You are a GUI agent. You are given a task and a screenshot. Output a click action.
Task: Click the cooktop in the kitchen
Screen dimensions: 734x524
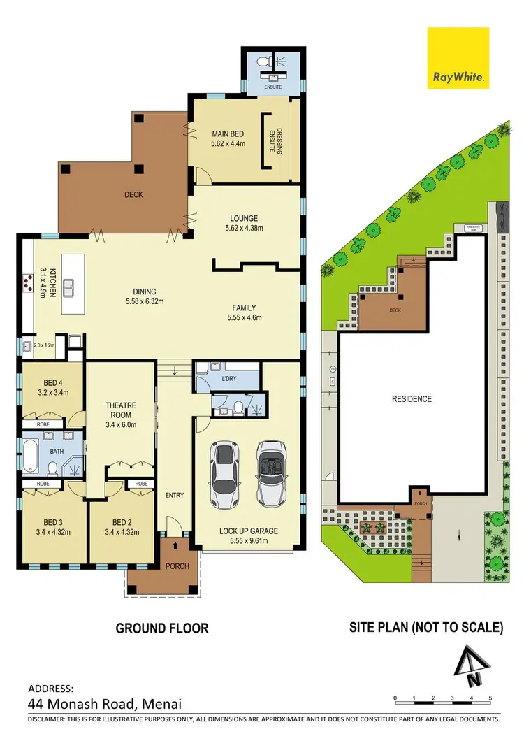29,284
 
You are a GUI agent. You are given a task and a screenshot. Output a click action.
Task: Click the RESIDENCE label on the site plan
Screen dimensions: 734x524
412,399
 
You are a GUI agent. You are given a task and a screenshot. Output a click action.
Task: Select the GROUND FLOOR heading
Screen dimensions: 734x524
162,628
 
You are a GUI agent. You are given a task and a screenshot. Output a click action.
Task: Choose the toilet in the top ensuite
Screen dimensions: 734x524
264,63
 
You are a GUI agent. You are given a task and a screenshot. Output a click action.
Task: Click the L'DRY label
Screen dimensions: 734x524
231,378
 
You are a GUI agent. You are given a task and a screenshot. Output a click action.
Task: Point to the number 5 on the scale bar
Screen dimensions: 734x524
490,698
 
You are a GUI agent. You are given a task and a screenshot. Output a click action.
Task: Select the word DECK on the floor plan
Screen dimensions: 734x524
133,194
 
